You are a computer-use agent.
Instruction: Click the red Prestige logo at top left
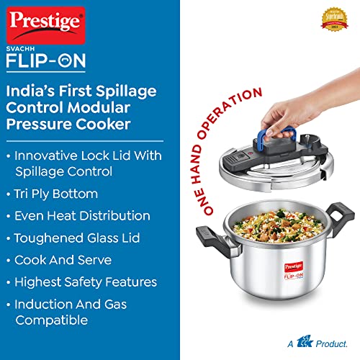(45, 24)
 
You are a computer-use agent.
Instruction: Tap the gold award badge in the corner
(335, 21)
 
